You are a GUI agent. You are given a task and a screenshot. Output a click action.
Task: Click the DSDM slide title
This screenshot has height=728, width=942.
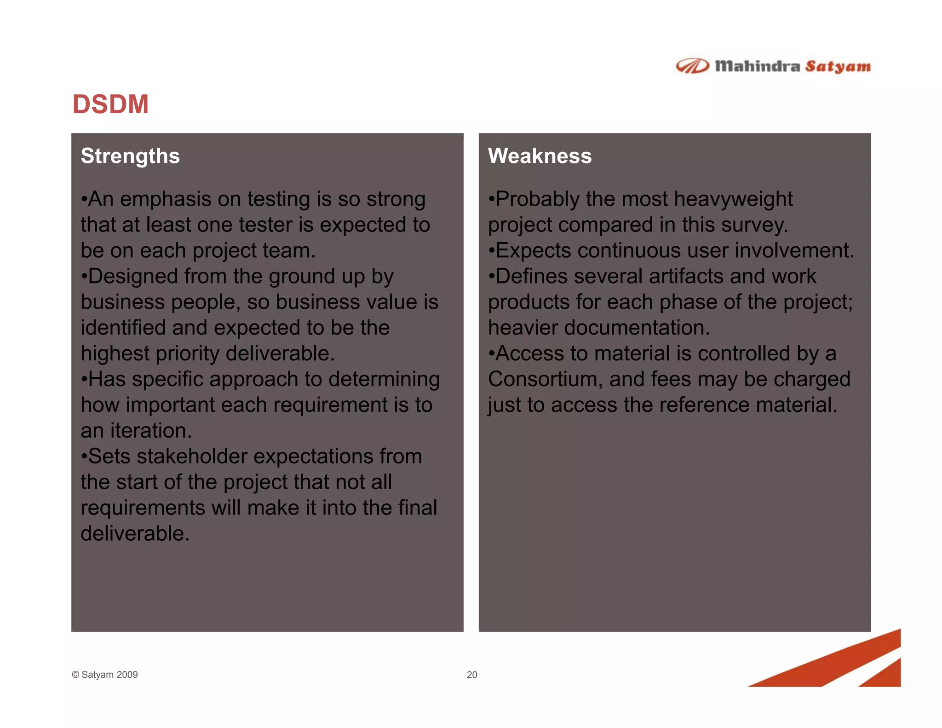[110, 104]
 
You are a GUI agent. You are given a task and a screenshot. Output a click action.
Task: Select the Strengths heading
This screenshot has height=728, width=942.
[130, 156]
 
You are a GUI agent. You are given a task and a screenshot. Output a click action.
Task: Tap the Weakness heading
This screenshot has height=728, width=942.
[540, 156]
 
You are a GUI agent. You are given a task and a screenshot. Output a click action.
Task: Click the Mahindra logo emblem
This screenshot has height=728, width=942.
[692, 66]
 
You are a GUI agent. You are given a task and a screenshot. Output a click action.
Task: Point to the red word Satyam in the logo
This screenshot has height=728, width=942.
[838, 67]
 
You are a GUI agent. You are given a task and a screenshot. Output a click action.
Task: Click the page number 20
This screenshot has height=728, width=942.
[471, 675]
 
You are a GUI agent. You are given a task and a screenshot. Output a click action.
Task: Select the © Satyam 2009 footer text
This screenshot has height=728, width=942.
[105, 675]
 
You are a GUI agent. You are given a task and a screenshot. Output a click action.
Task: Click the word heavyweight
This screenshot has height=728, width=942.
[733, 199]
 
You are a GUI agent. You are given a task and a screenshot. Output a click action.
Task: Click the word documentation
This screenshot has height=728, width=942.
[637, 328]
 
